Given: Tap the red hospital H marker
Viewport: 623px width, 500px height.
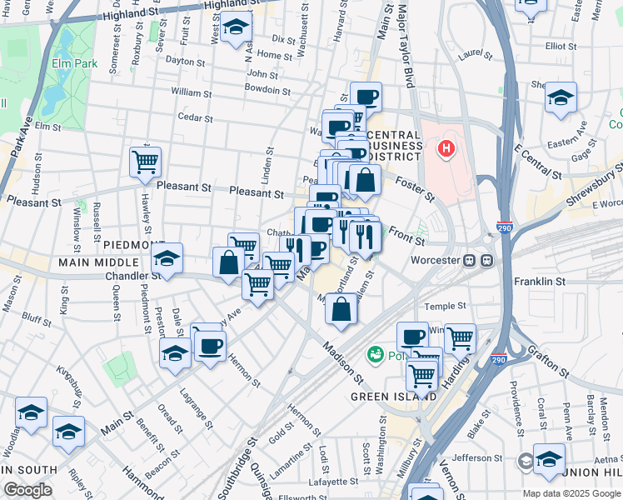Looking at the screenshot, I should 447,149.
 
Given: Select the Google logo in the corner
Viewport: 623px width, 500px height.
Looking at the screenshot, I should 27,490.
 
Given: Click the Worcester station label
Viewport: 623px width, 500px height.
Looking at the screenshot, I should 436,259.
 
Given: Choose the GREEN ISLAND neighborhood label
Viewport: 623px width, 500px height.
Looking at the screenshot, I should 393,397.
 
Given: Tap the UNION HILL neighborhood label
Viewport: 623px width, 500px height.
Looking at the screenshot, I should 596,472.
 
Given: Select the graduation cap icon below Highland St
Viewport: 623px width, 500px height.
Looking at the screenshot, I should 237,28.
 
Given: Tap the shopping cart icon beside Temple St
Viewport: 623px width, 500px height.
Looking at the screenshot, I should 460,337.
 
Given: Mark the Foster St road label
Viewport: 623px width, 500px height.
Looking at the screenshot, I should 414,187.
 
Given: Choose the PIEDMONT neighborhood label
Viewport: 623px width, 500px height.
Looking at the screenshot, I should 135,244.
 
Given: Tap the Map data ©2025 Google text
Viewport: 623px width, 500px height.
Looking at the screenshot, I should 571,493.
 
